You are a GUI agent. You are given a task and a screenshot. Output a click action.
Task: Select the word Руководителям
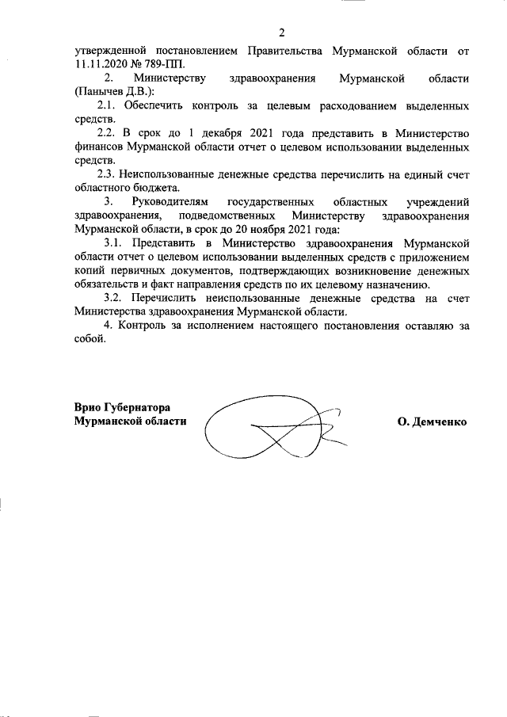tap(173, 202)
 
